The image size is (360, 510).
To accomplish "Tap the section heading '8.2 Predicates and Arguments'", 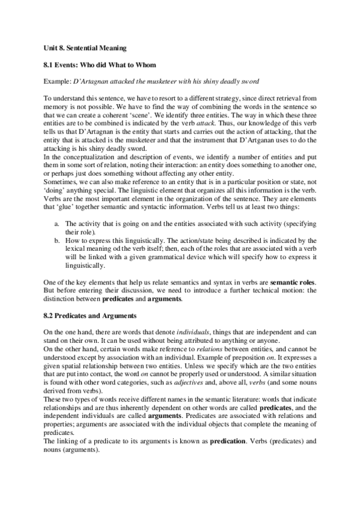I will (x=91, y=315).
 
